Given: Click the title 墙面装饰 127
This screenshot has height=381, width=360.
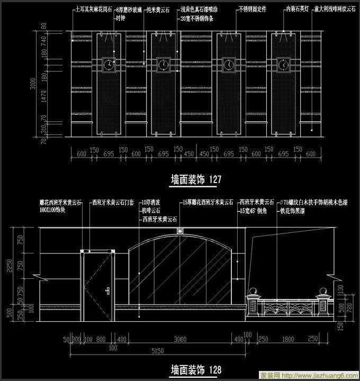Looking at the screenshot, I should click(195, 180).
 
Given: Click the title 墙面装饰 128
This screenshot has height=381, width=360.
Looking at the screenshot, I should click(195, 369).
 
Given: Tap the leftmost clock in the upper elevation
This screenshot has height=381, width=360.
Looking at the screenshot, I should click(110, 65).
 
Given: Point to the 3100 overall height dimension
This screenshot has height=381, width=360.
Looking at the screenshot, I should click(33, 85).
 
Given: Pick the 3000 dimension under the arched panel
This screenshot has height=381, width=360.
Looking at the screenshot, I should click(181, 339).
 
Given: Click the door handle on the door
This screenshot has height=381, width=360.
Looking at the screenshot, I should click(107, 290).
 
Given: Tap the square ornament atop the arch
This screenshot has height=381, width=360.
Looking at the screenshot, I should click(180, 231).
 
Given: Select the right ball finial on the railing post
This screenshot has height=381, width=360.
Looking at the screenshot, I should click(322, 292).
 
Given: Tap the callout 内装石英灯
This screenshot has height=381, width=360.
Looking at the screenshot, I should click(299, 10).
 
